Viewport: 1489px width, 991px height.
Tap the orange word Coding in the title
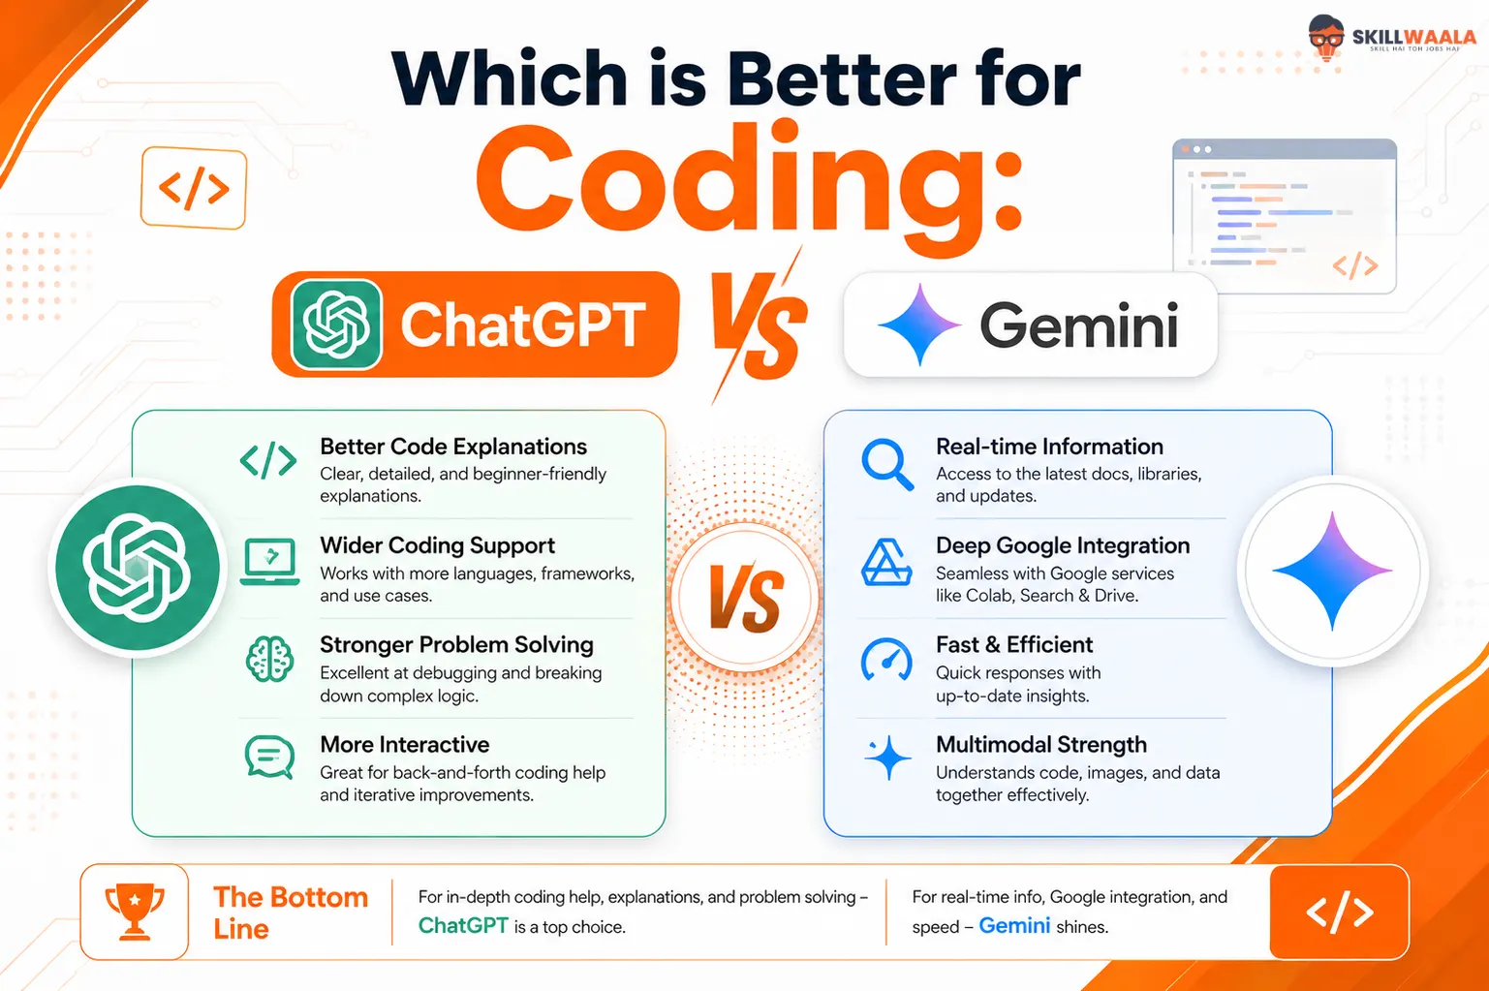(x=749, y=187)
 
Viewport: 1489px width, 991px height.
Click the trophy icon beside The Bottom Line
(x=135, y=912)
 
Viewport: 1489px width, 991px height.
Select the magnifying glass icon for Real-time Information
(x=886, y=465)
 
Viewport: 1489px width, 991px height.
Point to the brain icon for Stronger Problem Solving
(x=269, y=659)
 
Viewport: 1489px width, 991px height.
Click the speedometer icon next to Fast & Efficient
(x=886, y=660)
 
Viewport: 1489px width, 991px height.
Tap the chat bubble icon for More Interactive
(x=269, y=757)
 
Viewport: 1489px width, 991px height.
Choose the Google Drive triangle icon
(x=886, y=562)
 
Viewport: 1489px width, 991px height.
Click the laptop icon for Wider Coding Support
(x=269, y=562)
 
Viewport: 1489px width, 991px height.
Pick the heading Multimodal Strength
(x=1041, y=744)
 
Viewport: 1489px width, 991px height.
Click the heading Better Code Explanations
(x=453, y=447)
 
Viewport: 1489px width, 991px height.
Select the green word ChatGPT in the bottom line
(x=463, y=925)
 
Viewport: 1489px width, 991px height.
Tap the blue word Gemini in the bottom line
(x=1014, y=925)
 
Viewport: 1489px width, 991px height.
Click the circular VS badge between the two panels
(x=744, y=596)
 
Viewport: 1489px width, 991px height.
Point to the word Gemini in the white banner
(x=1079, y=325)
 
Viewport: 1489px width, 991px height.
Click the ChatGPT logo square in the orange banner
(x=336, y=325)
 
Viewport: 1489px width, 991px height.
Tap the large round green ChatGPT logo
(x=137, y=568)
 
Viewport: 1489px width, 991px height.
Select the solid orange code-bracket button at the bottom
(x=1339, y=912)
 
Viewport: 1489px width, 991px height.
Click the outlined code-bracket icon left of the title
(x=194, y=188)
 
